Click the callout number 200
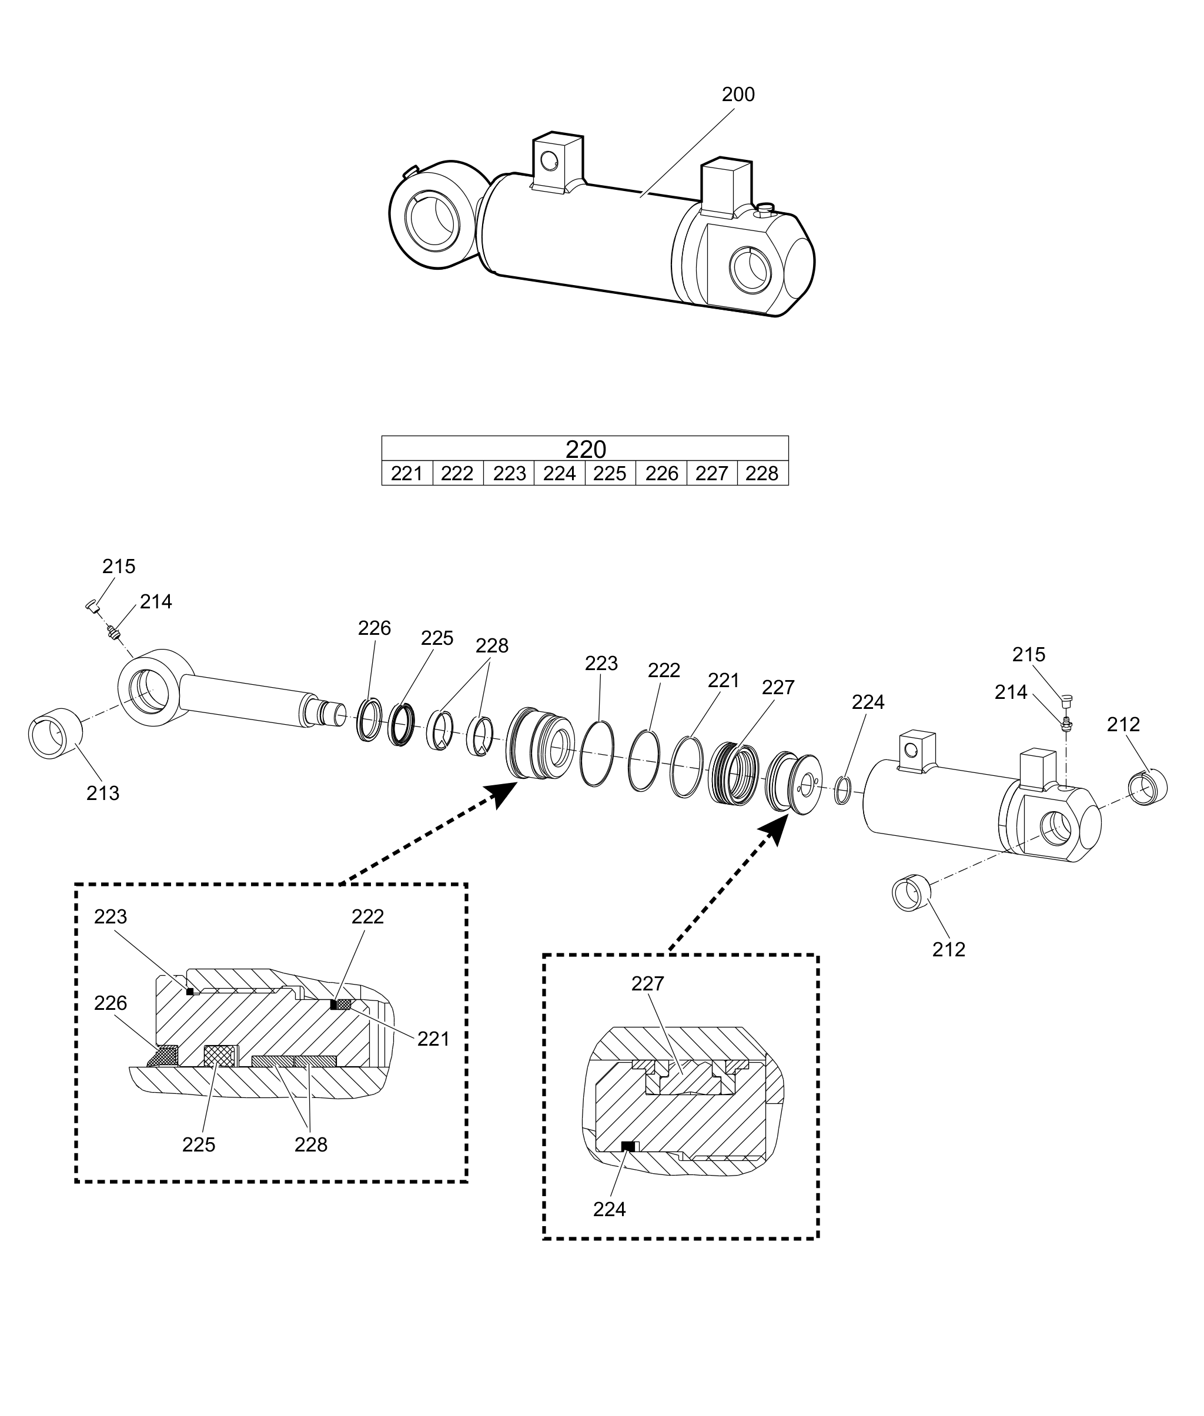pyautogui.click(x=738, y=95)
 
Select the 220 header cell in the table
pyautogui.click(x=585, y=449)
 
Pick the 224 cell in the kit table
pyautogui.click(x=559, y=474)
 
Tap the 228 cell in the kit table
pyautogui.click(x=762, y=474)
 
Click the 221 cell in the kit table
pyautogui.click(x=407, y=474)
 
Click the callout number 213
pyautogui.click(x=102, y=793)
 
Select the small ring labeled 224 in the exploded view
pyautogui.click(x=843, y=791)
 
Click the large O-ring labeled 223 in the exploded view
pyautogui.click(x=597, y=754)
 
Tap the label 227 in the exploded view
pyautogui.click(x=778, y=687)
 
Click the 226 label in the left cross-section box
pyautogui.click(x=111, y=1003)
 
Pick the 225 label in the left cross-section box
pyautogui.click(x=199, y=1144)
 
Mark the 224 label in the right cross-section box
pyautogui.click(x=609, y=1209)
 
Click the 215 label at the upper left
pyautogui.click(x=119, y=567)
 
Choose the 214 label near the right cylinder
pyautogui.click(x=1010, y=692)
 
